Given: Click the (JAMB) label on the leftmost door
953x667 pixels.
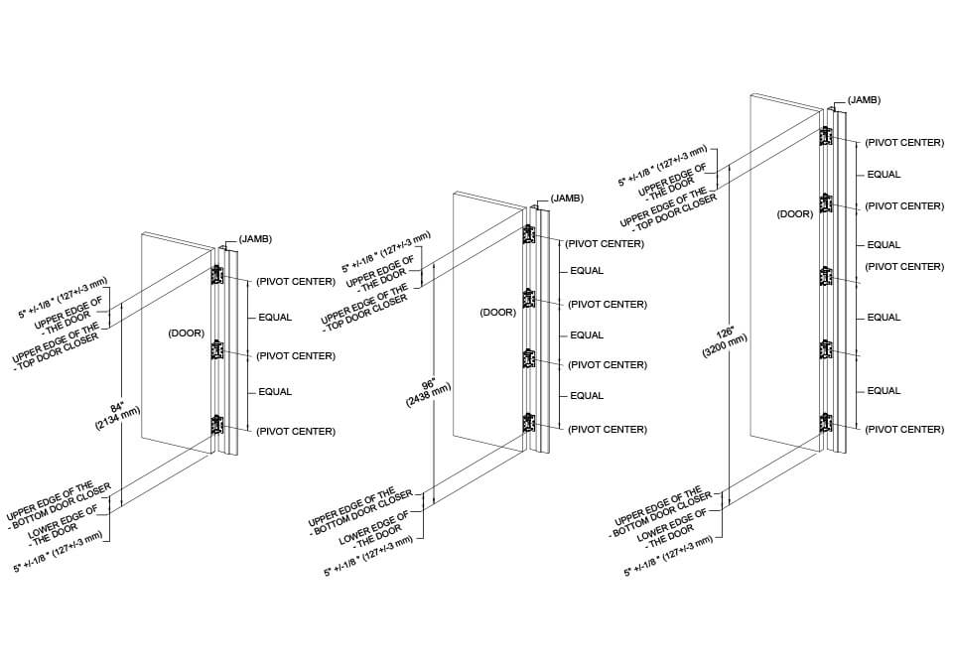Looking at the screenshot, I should click(255, 239).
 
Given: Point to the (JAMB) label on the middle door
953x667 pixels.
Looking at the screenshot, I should click(565, 199).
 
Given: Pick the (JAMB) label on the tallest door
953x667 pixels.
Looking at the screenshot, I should click(864, 100).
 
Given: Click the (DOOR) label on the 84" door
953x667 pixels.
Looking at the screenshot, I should click(186, 334).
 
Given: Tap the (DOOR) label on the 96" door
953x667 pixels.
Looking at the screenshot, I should click(497, 312).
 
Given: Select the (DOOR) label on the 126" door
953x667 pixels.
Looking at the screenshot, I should click(796, 213).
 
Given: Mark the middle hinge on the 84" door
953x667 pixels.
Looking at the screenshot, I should click(216, 350).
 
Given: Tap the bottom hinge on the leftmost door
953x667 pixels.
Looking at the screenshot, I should click(216, 425).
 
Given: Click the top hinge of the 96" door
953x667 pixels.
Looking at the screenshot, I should click(528, 236).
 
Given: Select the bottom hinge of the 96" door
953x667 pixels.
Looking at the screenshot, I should click(528, 423).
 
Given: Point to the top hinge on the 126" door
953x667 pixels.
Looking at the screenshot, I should click(825, 137).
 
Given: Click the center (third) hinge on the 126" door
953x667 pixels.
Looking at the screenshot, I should click(825, 276).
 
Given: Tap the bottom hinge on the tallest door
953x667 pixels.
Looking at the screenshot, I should click(825, 423).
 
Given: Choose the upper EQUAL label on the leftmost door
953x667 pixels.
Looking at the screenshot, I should click(275, 318).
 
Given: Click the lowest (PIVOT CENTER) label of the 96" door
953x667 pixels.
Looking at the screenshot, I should click(607, 430).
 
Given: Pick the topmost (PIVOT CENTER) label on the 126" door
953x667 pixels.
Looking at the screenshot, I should click(903, 143).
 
